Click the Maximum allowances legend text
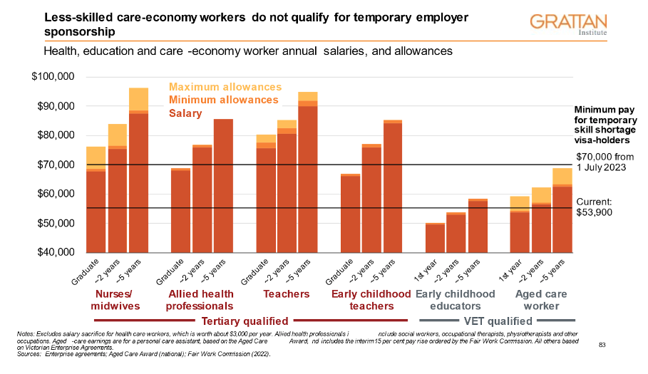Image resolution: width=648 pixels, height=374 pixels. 225,87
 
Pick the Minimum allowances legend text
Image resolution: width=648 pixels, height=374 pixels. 223,100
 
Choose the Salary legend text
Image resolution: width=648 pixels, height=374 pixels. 185,113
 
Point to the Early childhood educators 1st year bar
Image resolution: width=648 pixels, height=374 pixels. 435,238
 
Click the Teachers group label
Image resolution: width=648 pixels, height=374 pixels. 287,294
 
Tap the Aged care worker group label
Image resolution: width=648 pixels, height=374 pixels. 541,299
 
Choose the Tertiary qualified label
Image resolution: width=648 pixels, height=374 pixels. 245,321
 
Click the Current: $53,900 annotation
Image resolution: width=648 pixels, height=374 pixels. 594,207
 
